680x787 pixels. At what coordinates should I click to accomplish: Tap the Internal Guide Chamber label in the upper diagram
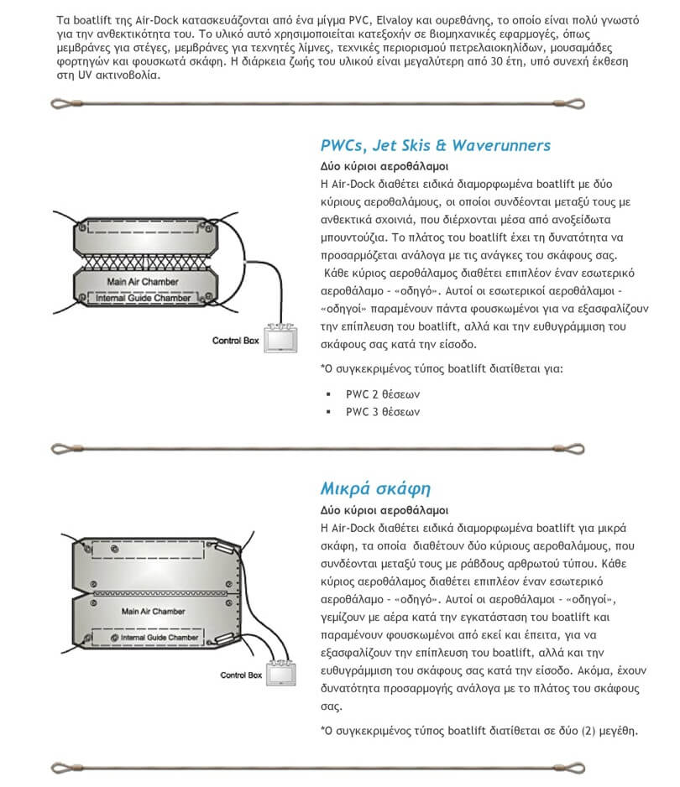tap(140, 296)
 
